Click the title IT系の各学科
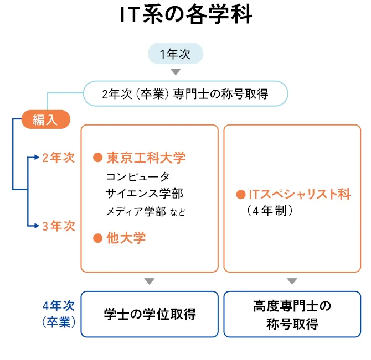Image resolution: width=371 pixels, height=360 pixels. click(185, 14)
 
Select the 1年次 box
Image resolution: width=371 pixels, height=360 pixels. click(176, 54)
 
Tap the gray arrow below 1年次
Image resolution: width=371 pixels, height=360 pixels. click(176, 72)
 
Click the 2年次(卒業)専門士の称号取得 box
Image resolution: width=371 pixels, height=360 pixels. click(185, 94)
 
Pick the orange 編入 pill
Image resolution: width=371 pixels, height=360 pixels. click(45, 119)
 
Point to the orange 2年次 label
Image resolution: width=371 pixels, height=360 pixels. click(58, 158)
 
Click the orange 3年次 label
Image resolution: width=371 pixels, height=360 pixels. click(58, 226)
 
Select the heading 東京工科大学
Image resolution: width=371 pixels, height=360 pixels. click(146, 158)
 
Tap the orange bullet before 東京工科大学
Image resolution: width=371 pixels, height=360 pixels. click(98, 158)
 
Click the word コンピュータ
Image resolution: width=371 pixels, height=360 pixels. click(137, 176)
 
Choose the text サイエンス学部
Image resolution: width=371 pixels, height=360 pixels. click(144, 194)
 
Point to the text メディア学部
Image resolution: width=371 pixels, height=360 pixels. click(135, 211)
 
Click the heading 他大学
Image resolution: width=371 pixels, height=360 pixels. click(126, 238)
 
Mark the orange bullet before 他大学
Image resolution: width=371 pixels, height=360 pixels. click(98, 238)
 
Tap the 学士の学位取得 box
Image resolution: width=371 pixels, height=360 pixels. click(150, 314)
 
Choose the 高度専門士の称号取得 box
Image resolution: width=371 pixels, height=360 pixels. click(292, 314)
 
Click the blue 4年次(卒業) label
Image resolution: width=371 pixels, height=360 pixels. click(58, 314)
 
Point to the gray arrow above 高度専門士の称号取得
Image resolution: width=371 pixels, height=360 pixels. click(292, 281)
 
